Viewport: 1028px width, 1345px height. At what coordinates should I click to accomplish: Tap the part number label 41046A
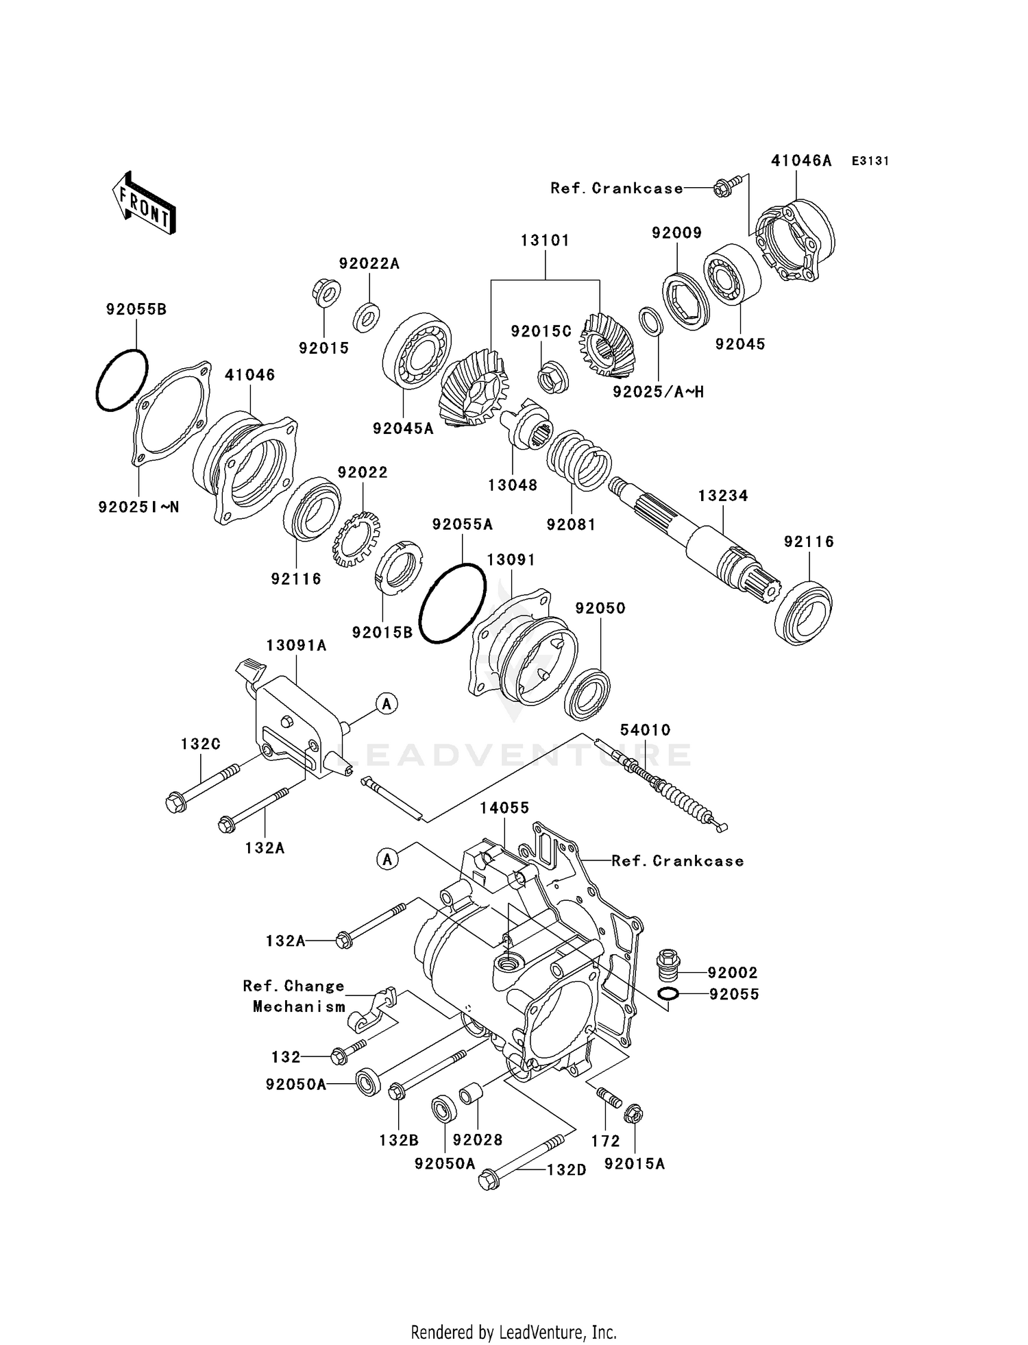[800, 161]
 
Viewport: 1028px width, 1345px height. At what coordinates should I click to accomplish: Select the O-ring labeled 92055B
[121, 380]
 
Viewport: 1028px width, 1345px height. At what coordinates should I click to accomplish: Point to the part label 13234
[723, 496]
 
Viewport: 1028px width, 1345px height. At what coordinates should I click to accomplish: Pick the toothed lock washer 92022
[356, 539]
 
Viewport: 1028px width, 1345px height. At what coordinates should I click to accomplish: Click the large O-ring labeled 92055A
[452, 603]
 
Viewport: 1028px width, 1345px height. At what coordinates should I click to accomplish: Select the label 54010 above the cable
[645, 730]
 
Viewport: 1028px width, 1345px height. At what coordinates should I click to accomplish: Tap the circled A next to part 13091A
[387, 703]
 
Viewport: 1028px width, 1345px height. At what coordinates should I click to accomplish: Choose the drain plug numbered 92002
[668, 965]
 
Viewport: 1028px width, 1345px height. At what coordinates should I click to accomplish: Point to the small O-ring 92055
[668, 994]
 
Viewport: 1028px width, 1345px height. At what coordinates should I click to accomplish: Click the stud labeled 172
[609, 1098]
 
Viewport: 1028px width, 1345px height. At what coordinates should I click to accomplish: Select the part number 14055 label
[504, 808]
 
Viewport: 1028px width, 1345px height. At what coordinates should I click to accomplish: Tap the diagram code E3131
[870, 161]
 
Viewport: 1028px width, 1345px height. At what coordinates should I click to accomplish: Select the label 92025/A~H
[658, 392]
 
